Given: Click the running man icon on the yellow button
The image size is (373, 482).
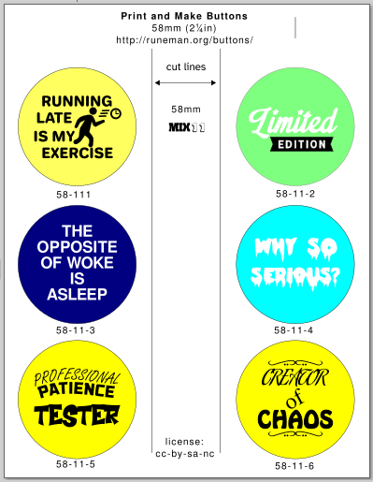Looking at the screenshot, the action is pyautogui.click(x=89, y=127).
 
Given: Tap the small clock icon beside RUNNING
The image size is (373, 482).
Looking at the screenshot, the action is pyautogui.click(x=116, y=113).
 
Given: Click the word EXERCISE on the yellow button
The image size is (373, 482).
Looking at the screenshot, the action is pyautogui.click(x=78, y=153).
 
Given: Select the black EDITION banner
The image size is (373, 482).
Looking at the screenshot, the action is pyautogui.click(x=302, y=144).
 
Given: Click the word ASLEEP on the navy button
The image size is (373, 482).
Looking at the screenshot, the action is pyautogui.click(x=78, y=294).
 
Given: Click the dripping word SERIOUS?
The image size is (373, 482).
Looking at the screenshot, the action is pyautogui.click(x=294, y=277).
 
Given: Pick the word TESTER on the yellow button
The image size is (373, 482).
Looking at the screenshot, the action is pyautogui.click(x=77, y=416).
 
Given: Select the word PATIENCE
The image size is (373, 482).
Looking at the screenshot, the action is pyautogui.click(x=77, y=391).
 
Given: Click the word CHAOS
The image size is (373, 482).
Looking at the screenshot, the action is pyautogui.click(x=295, y=418).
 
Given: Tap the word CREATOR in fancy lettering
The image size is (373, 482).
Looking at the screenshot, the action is pyautogui.click(x=294, y=377).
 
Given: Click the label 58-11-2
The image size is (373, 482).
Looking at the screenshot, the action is pyautogui.click(x=295, y=194).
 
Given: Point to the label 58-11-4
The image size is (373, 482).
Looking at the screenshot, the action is pyautogui.click(x=294, y=330).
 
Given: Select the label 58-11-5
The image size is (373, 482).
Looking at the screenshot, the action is pyautogui.click(x=76, y=464).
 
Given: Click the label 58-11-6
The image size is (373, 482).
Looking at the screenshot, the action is pyautogui.click(x=294, y=466).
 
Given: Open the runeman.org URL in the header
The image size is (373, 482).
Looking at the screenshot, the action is pyautogui.click(x=184, y=40).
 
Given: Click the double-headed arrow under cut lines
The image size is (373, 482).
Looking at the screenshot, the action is pyautogui.click(x=185, y=82).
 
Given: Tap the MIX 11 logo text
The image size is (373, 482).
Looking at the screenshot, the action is pyautogui.click(x=186, y=127).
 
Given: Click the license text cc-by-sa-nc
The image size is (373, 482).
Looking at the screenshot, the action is pyautogui.click(x=185, y=454).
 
